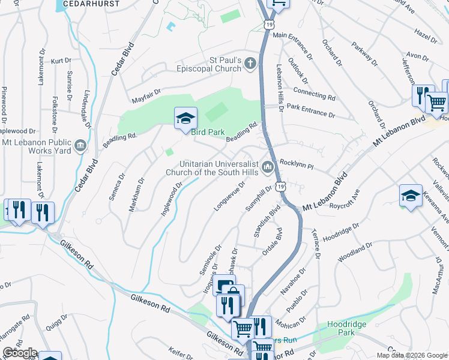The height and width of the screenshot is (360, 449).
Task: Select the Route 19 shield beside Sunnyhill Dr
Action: coord(281,188)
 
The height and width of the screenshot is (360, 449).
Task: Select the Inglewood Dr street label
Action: coord(171,202)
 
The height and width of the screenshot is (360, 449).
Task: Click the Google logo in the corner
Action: coord(19,353)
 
